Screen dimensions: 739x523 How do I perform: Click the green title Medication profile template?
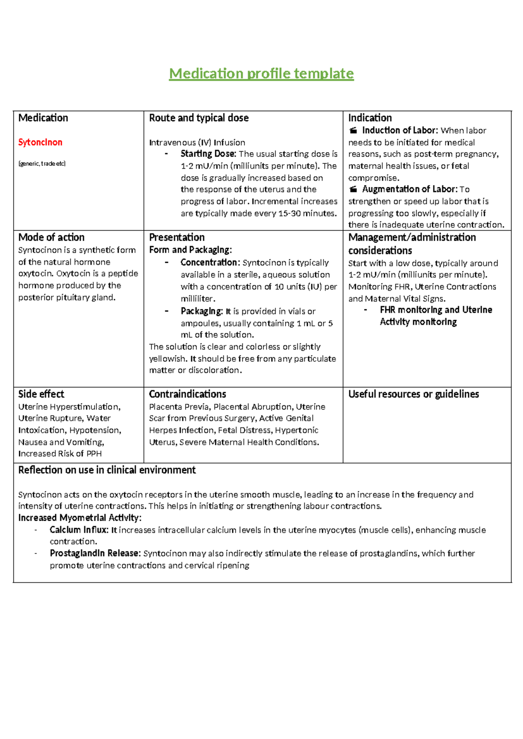point(261,73)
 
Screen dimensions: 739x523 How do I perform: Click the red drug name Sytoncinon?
point(40,142)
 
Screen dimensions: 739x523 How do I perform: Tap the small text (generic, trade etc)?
point(42,163)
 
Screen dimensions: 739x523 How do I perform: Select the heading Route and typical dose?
point(199,118)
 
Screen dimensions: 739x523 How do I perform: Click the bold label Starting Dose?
point(208,154)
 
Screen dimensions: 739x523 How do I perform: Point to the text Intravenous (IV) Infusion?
point(197,142)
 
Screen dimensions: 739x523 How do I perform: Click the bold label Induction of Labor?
point(399,130)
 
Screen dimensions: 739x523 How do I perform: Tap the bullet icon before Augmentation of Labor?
point(353,189)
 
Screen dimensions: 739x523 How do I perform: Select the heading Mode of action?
point(51,237)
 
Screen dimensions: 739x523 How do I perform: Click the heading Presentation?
point(177,237)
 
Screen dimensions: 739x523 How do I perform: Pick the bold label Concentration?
point(210,263)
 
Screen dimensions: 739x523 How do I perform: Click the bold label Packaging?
point(202,312)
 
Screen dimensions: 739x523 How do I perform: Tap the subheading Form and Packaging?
point(190,250)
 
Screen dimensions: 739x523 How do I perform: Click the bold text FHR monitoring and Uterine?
point(436,310)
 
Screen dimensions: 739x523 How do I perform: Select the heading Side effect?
point(41,394)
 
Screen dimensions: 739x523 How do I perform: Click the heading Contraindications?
point(187,394)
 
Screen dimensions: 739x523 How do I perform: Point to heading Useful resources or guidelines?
point(413,394)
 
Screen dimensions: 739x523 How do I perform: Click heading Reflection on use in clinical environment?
point(107,470)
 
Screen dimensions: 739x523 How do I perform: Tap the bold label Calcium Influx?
point(79,530)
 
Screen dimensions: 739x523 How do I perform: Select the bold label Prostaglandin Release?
point(95,553)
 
